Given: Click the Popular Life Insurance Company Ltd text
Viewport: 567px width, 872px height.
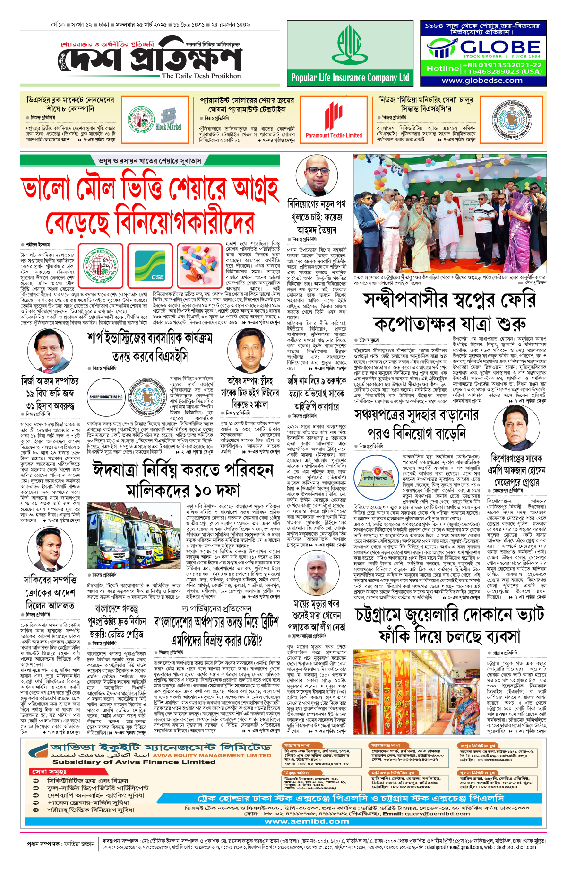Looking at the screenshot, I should (x=350, y=78).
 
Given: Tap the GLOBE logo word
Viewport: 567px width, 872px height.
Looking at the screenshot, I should (x=500, y=47).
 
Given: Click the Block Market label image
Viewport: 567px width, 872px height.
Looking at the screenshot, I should (x=169, y=120).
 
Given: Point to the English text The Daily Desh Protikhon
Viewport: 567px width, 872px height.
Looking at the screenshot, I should (x=201, y=76).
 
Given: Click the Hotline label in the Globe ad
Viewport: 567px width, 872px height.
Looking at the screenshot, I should (x=442, y=69).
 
